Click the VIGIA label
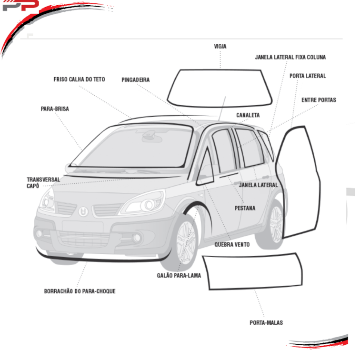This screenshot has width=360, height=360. tap(220, 47)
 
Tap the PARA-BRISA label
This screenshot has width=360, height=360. tap(55, 109)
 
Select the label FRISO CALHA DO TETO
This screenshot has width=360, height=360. tap(79, 80)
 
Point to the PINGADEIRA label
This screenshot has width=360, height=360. tap(136, 80)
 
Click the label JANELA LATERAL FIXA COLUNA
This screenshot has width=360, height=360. tap(290, 57)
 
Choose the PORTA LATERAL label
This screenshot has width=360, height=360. tap(308, 76)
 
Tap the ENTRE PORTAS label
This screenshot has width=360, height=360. tap(319, 100)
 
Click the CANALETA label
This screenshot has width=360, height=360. tap(248, 115)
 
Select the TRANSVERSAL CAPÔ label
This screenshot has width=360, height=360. tap(43, 182)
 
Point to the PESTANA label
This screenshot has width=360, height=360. tap(245, 208)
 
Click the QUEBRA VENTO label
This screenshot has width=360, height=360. tap(232, 245)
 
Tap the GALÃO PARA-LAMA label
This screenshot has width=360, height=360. tap(179, 275)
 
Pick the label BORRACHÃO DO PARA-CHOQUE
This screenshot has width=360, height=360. tap(80, 291)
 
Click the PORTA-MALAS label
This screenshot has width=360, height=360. tap(266, 323)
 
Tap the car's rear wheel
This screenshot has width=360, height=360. tap(275, 222)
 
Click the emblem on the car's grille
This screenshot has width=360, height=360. tap(82, 211)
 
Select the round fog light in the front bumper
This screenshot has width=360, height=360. tap(137, 238)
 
